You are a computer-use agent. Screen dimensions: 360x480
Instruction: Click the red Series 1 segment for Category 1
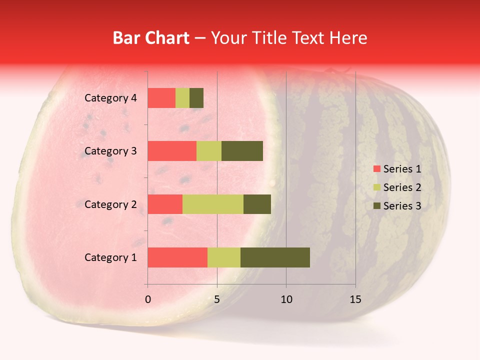tap(177, 257)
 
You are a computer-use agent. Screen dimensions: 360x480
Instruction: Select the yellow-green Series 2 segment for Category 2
tap(213, 204)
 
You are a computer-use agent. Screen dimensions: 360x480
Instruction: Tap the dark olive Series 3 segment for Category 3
tap(242, 151)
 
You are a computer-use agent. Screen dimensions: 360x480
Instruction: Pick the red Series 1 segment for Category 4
tap(161, 98)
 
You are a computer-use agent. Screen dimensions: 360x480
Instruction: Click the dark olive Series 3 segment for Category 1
tap(275, 257)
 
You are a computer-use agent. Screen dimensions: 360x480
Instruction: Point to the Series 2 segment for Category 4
tap(182, 98)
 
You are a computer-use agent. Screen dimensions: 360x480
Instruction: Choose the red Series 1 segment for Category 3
tap(172, 151)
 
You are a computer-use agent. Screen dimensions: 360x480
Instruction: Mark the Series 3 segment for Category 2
tap(257, 204)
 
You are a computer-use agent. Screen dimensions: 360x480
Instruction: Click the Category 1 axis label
tap(110, 257)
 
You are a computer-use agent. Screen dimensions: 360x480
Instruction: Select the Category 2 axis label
tap(110, 204)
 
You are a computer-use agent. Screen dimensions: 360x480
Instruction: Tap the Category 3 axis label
tap(110, 151)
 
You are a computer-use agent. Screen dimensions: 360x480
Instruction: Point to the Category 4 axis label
tap(110, 98)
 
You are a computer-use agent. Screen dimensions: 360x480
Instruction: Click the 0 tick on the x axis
tap(148, 299)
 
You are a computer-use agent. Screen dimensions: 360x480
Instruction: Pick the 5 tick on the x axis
tap(217, 299)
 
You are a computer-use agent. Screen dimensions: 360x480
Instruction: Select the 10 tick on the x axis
tap(286, 299)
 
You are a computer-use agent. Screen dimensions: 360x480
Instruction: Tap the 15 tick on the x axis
tap(355, 299)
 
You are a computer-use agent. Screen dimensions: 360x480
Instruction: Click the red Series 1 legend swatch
tap(377, 169)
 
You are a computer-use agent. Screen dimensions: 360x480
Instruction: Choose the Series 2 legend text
tap(402, 187)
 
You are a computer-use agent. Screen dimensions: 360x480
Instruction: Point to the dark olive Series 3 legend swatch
tap(377, 206)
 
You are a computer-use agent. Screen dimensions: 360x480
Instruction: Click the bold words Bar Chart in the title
tap(151, 38)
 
